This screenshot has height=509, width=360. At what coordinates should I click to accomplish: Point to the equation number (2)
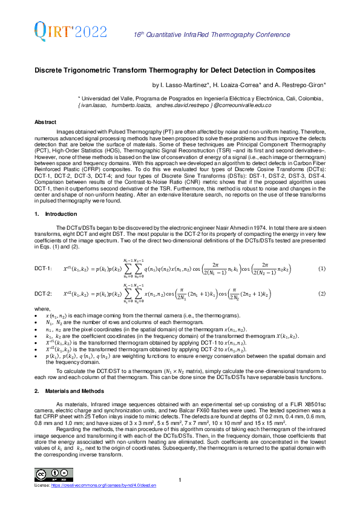322,293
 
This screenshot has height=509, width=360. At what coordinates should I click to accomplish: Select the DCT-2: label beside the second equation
44,294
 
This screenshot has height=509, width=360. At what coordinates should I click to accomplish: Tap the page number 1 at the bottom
180,480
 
